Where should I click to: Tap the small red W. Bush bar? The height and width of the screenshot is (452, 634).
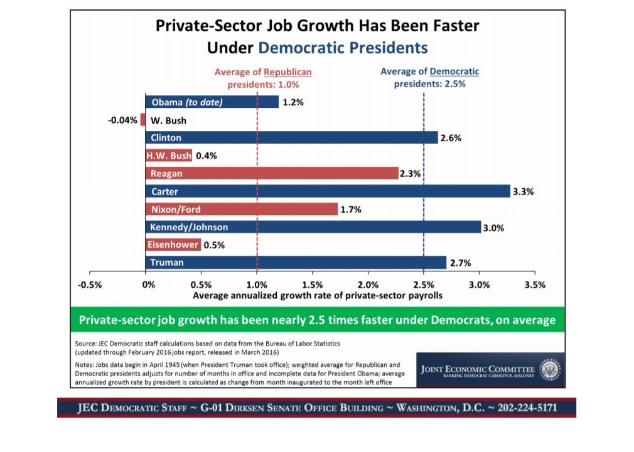143,120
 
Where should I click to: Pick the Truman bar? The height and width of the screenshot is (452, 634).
296,262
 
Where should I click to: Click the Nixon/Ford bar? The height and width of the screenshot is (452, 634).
242,209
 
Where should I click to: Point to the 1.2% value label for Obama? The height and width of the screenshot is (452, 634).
293,102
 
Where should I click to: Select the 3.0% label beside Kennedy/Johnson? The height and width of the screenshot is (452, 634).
493,227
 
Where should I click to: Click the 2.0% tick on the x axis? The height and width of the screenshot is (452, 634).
368,284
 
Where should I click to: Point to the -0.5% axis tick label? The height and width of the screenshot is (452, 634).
90,284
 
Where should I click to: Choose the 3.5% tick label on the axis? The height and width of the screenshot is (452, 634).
534,284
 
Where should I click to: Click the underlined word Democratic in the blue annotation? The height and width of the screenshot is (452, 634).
454,71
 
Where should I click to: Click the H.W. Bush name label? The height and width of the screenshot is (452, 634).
169,155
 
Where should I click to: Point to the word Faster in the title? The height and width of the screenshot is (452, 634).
450,26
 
